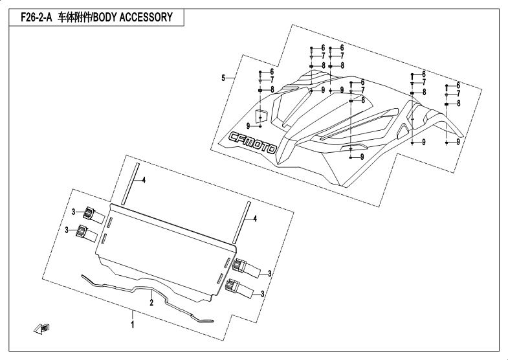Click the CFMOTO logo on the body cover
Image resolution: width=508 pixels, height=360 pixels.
(253, 142)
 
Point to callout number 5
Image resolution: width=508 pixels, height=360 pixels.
(223, 78)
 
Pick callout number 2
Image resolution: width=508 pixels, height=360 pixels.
(151, 302)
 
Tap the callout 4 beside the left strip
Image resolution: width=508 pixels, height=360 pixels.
(144, 180)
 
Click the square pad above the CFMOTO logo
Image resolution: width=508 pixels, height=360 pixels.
(263, 115)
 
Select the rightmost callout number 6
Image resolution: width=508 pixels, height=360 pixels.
(458, 85)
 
